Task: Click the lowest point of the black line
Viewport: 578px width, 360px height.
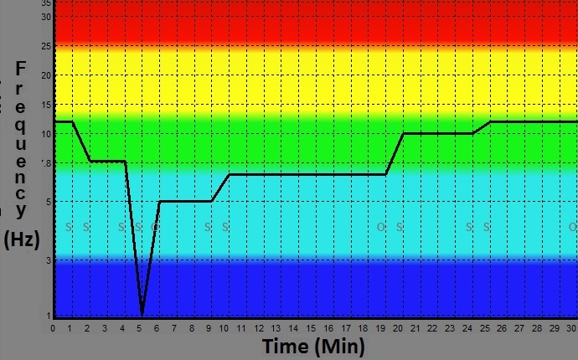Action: tap(142, 314)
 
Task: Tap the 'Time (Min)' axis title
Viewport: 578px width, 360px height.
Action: tap(313, 347)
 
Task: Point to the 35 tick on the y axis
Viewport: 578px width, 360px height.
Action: tap(47, 3)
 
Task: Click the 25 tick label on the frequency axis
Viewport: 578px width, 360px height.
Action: tap(47, 45)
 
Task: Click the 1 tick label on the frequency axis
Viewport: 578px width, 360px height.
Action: tap(49, 315)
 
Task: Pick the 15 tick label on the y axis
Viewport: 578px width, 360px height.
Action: tap(47, 105)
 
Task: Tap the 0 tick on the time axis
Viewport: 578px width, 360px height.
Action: tap(53, 328)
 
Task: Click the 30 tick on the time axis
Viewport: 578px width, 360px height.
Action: tap(572, 328)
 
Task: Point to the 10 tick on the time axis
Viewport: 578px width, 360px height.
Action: tap(225, 328)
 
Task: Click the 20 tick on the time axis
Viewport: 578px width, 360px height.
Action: tap(399, 328)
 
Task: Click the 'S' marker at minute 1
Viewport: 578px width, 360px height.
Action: tap(70, 227)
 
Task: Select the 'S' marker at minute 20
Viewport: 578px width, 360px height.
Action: tap(400, 227)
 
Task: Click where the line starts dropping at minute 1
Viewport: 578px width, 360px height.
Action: tap(72, 121)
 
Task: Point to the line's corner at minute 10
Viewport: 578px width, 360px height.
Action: tap(229, 174)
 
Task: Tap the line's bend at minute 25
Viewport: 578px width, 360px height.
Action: tap(490, 121)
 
